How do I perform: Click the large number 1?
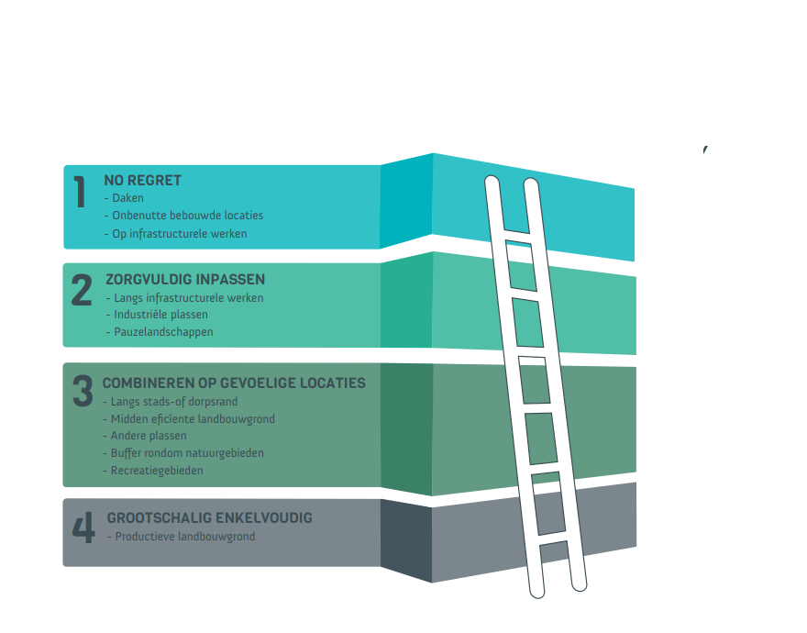(80, 191)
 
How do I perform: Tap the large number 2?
(82, 290)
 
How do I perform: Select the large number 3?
(83, 391)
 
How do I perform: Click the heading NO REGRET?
(143, 181)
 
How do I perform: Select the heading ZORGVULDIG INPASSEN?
(185, 280)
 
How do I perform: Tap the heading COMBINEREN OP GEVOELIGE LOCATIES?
(234, 383)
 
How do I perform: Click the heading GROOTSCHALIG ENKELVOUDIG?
(209, 518)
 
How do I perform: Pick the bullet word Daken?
(127, 198)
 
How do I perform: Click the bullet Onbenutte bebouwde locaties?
(187, 216)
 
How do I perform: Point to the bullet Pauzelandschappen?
(163, 332)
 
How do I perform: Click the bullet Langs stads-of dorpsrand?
(171, 402)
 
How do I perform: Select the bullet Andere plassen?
(149, 436)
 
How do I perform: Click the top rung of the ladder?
(518, 241)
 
